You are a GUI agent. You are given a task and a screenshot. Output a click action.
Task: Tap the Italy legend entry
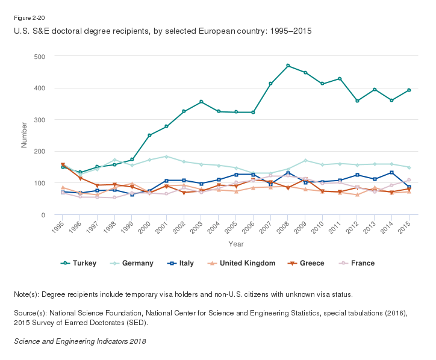pos(188,263)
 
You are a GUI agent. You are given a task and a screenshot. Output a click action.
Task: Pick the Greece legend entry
pos(311,263)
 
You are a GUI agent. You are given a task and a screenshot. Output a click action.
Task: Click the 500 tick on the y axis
pos(45,57)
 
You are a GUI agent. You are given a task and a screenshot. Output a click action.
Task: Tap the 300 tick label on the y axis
pos(45,120)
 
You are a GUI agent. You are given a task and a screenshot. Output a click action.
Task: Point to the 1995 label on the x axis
pos(58,226)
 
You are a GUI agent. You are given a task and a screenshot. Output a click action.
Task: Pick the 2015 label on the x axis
pos(407,226)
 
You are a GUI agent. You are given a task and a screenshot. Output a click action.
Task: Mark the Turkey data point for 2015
pos(409,90)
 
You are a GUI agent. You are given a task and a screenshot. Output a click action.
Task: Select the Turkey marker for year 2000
pos(149,135)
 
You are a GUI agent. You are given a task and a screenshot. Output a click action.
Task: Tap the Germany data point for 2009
pos(305,161)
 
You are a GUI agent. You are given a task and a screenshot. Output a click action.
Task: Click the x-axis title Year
pos(235,244)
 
